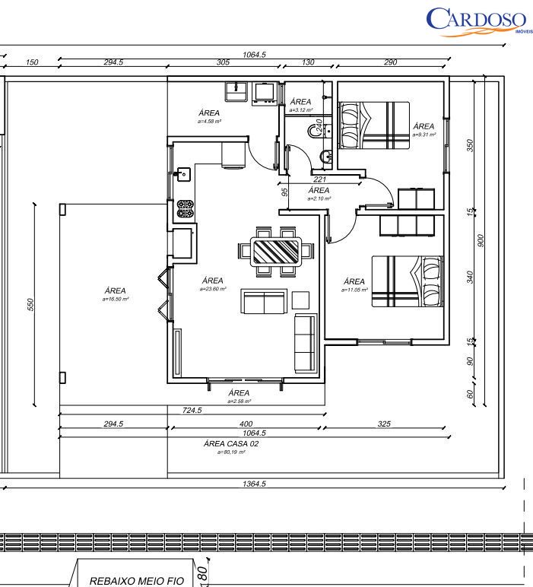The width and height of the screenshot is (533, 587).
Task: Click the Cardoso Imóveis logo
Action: point(477,21)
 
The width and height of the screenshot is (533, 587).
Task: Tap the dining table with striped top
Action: point(276,250)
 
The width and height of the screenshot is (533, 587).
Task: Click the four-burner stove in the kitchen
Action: point(185,209)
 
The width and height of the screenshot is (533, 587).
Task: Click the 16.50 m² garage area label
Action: point(116,294)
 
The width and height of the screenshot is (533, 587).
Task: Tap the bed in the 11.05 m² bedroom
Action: point(407,281)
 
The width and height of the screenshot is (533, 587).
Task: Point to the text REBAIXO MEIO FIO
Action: point(137,581)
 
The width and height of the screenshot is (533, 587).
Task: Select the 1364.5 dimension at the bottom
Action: point(254,484)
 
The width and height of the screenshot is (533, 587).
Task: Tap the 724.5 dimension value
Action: point(192,411)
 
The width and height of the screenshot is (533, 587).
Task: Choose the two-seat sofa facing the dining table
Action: point(264,302)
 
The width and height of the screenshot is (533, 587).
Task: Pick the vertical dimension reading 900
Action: point(481,240)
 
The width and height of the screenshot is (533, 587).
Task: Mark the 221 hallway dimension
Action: point(319,180)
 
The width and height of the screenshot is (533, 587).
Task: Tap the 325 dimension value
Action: point(384,424)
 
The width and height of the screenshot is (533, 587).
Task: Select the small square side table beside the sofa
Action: point(301,300)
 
